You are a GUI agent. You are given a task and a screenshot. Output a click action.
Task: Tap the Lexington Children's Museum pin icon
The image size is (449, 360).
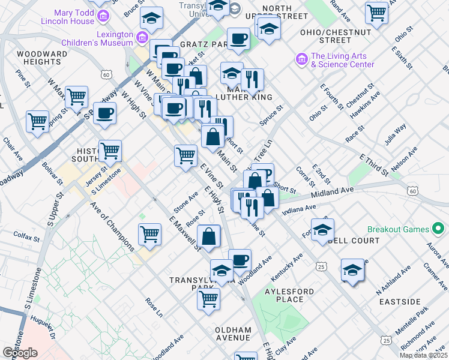[143, 38]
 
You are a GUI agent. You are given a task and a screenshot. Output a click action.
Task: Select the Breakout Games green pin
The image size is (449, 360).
[438, 229]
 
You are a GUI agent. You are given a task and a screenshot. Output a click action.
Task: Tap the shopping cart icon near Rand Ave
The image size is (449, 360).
[376, 11]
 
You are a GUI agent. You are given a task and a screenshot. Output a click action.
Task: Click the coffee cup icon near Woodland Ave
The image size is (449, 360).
[240, 259]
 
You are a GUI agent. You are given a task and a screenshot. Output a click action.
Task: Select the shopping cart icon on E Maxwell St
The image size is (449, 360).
[149, 233]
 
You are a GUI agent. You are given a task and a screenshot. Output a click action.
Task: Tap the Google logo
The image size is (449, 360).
[20, 353]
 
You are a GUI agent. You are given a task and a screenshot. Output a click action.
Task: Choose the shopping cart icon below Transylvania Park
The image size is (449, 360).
[208, 298]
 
